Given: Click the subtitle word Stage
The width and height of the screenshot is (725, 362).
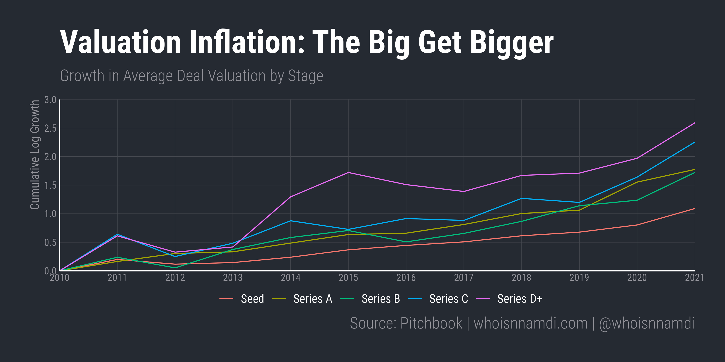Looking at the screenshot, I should click(305, 76).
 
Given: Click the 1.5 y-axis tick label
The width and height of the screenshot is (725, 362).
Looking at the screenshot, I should click(50, 186).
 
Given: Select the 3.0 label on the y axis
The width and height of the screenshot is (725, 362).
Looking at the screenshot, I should click(50, 100).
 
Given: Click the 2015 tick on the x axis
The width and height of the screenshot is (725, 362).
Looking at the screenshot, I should click(348, 278).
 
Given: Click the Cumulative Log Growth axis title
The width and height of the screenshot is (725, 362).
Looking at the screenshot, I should click(35, 155).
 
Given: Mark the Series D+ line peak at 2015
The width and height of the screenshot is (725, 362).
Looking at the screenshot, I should click(348, 172).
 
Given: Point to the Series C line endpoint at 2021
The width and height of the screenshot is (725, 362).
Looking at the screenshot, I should click(694, 142).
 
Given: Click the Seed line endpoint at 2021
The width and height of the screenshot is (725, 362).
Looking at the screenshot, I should click(694, 209).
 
